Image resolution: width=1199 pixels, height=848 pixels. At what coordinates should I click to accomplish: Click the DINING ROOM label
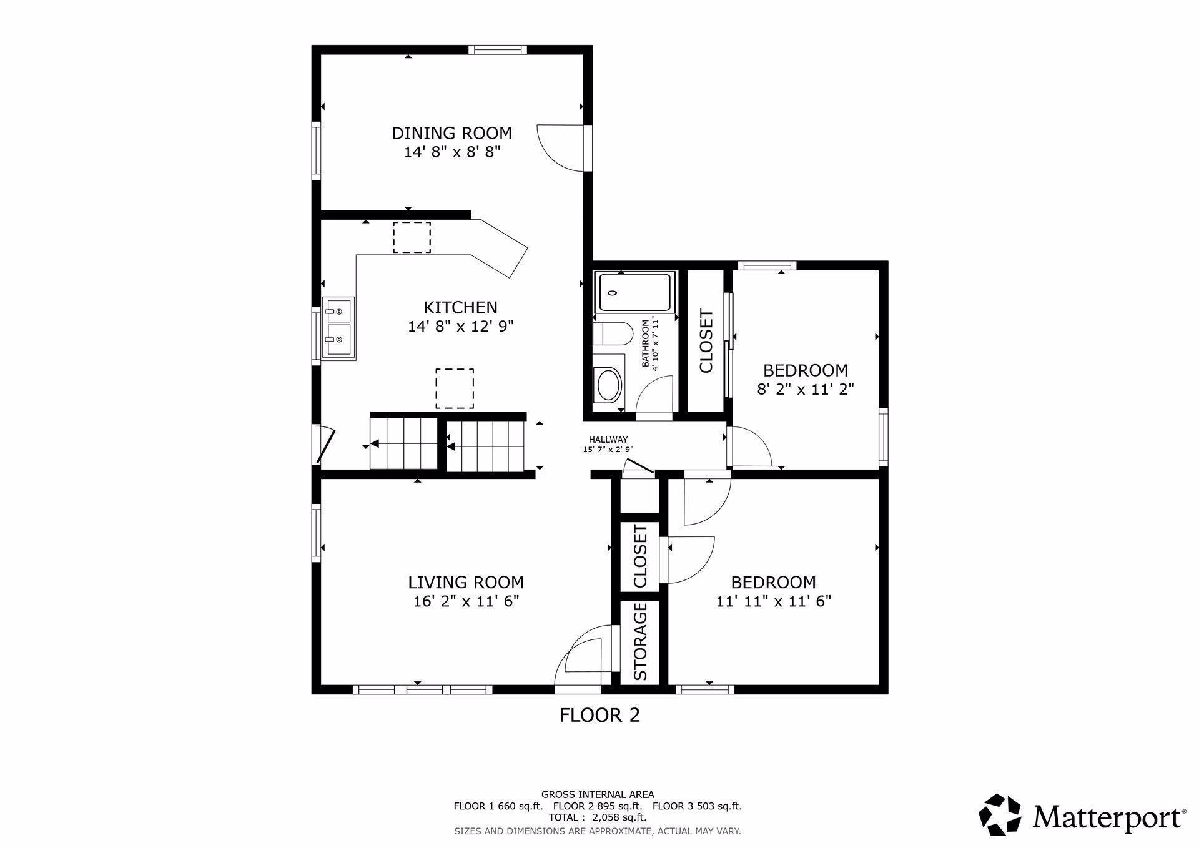[x=451, y=133]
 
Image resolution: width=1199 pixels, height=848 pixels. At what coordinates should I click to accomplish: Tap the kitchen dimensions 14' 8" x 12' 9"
[x=460, y=326]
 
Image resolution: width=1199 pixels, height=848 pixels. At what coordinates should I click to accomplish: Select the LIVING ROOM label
[x=466, y=583]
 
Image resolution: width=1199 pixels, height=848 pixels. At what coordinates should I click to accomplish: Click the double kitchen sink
[x=338, y=328]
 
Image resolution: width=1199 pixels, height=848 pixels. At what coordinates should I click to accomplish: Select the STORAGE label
[x=641, y=642]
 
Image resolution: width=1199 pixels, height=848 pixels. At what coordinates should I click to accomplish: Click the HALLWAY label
[x=608, y=440]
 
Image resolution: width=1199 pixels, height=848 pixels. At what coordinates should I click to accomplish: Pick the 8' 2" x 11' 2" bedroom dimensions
[x=806, y=389]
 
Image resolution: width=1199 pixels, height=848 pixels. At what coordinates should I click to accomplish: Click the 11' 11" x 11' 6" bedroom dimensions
[x=773, y=601]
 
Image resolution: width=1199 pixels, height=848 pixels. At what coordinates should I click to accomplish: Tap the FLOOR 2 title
[x=599, y=715]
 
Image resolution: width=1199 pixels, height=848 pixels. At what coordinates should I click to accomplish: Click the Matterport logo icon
[x=1000, y=815]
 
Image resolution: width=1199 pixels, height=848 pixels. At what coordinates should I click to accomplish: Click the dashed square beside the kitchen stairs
[x=455, y=388]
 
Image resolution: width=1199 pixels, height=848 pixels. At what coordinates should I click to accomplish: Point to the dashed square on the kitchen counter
[x=412, y=237]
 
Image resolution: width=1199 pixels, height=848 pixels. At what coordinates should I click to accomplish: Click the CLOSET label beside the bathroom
[x=706, y=341]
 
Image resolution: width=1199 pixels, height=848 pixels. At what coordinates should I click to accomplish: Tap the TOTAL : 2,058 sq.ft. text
[x=598, y=817]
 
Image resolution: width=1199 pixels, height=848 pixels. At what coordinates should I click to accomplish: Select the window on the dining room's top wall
[x=498, y=50]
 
